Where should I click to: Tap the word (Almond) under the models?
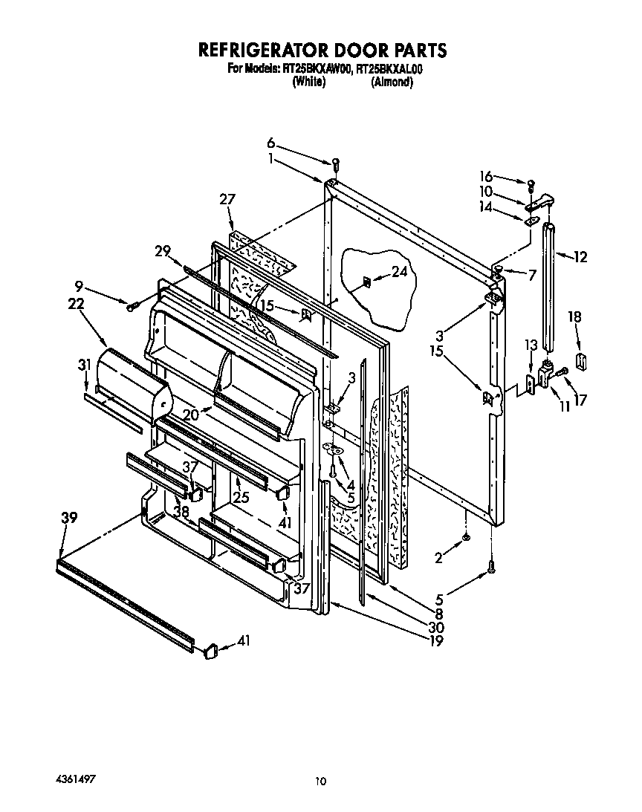tap(391, 82)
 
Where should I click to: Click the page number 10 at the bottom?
tap(320, 780)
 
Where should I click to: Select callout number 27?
tap(227, 199)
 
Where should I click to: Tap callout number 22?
tap(76, 303)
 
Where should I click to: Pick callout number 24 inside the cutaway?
tap(399, 273)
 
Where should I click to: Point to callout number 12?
tap(580, 257)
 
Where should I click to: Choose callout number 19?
tap(436, 641)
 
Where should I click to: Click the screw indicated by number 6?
tap(335, 163)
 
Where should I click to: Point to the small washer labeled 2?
tap(465, 538)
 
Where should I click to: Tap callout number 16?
tap(486, 176)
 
